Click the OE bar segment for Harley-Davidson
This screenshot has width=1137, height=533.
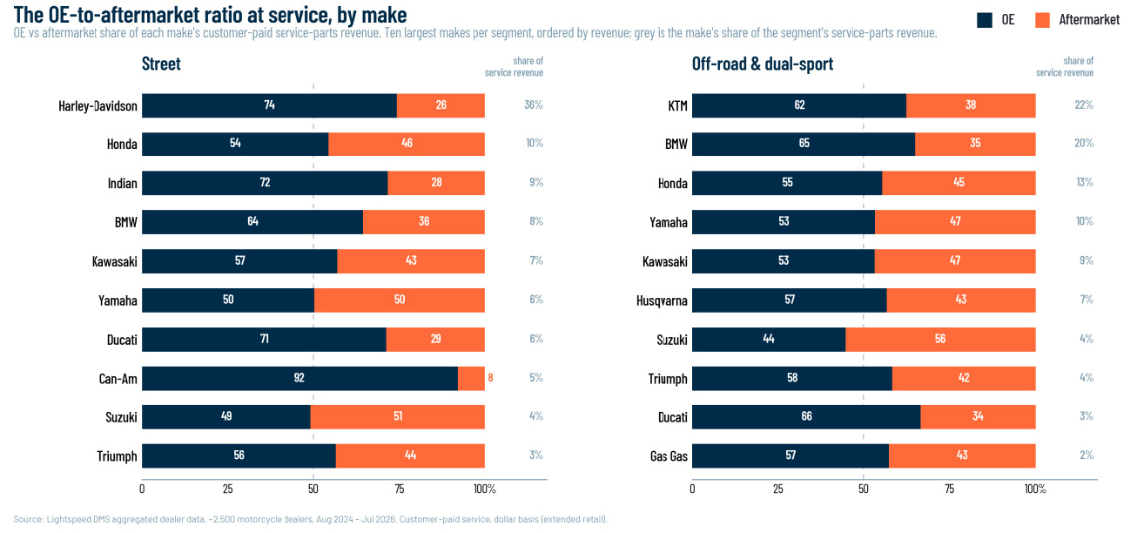[269, 105]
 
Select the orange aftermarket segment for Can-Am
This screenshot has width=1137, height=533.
[471, 379]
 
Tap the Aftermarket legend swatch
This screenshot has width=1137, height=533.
[1043, 20]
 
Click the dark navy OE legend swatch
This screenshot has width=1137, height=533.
[985, 20]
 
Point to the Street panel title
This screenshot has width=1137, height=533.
[161, 64]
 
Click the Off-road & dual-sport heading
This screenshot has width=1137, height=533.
[763, 64]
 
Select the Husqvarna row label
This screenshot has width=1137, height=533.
[662, 300]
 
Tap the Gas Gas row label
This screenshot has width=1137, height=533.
[669, 455]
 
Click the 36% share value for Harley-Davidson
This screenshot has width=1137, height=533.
[534, 105]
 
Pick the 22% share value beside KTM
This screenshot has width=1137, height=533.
[1084, 105]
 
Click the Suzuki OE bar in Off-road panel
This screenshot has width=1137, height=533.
[769, 340]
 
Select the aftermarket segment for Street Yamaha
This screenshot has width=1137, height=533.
[400, 300]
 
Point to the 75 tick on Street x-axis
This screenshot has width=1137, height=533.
[400, 489]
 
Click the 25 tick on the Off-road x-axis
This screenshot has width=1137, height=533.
[777, 489]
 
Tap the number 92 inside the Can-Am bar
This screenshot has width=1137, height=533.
[299, 378]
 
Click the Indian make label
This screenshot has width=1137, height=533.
[123, 183]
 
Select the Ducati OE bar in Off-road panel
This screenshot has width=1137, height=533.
[806, 417]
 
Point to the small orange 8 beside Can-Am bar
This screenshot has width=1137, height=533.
[490, 378]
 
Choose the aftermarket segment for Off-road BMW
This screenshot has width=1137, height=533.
[975, 145]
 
